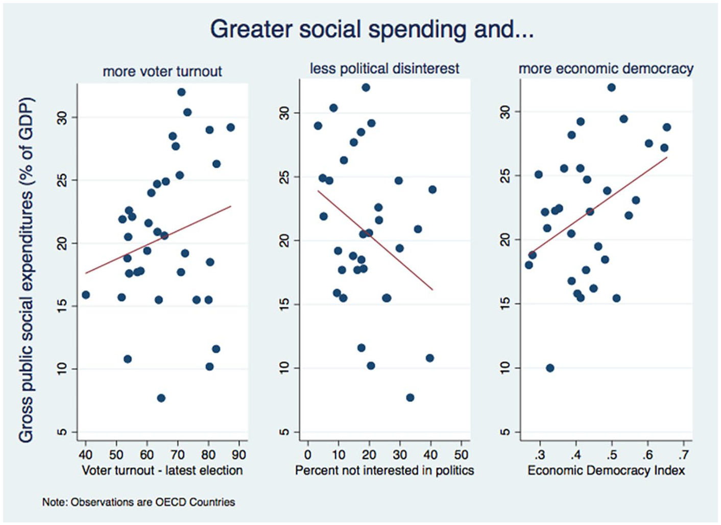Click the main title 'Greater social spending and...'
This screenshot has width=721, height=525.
pos(372,30)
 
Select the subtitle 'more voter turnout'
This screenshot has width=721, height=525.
pos(162,71)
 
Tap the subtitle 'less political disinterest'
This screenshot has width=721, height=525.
pos(384,68)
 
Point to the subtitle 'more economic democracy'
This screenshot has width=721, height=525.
pos(606,68)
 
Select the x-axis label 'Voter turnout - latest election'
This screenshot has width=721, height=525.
pos(162,470)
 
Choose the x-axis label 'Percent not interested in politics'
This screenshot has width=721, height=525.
pos(384,470)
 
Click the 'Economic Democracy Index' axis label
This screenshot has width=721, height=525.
pos(606,470)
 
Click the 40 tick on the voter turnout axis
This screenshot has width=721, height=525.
pos(85,455)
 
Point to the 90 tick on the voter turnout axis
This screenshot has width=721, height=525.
pos(239,455)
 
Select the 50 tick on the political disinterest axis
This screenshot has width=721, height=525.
pos(461,455)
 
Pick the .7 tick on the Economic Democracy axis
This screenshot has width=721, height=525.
pos(684,455)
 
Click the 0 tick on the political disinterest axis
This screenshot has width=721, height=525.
pos(308,455)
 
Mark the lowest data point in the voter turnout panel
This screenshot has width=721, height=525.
pos(161,398)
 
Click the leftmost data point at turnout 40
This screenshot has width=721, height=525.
pos(86,295)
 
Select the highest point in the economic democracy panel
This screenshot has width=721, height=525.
pos(612,88)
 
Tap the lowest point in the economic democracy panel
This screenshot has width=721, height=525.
pos(550,368)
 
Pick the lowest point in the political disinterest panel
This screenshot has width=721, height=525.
pos(410,397)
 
